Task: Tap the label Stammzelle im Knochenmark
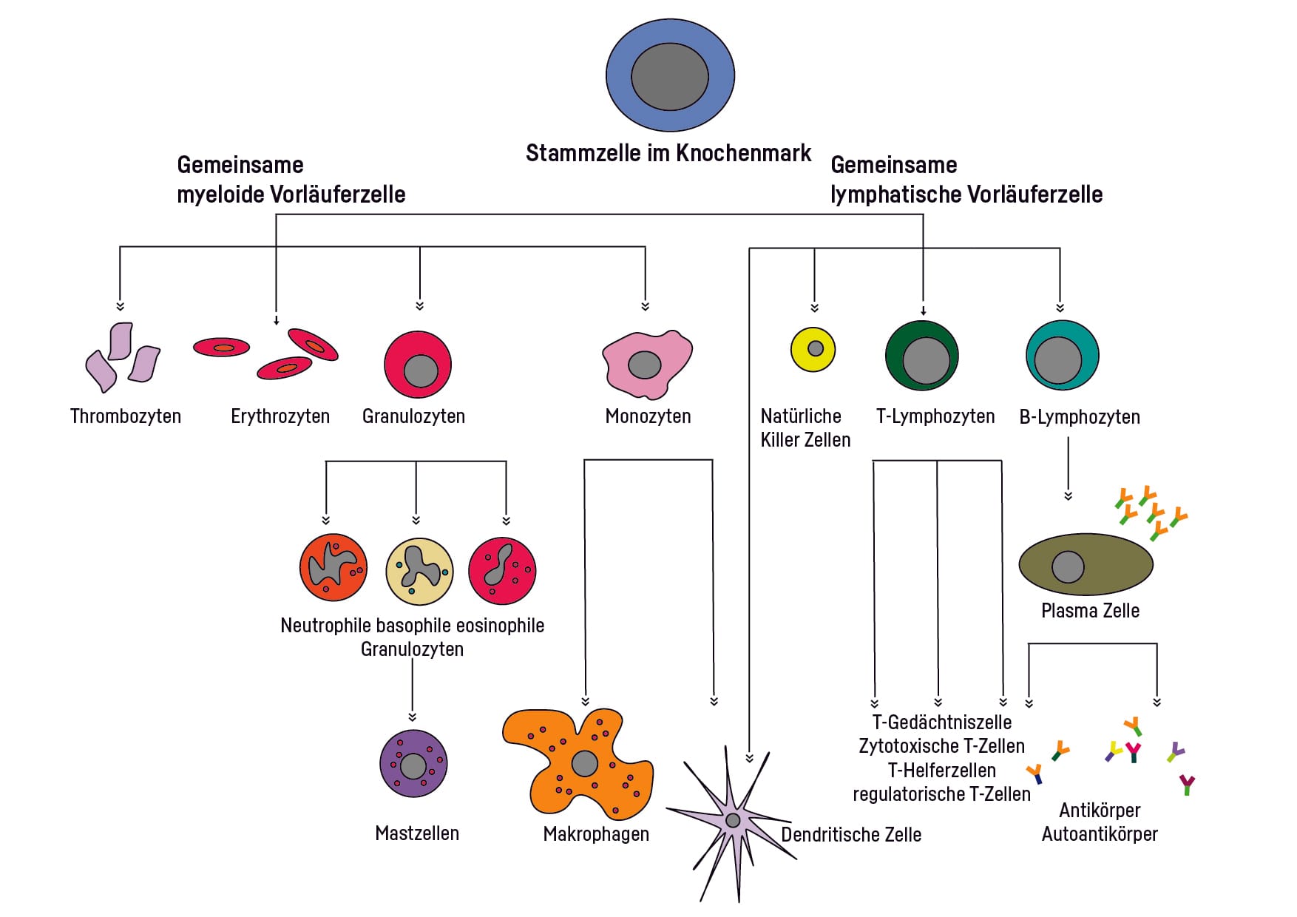[668, 153]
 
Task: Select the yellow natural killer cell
[813, 349]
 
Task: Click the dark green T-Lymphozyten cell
[922, 356]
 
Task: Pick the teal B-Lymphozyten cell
[1063, 356]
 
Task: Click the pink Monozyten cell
[647, 364]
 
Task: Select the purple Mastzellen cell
[413, 764]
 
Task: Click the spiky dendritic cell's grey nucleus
[733, 820]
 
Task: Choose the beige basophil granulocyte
[419, 571]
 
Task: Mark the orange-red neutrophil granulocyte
[333, 568]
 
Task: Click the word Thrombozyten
[126, 416]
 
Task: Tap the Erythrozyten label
[280, 416]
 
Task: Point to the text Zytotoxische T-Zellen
[941, 746]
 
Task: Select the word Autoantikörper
[1100, 834]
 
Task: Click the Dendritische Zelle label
[851, 835]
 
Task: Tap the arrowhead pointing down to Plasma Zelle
[1068, 496]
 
